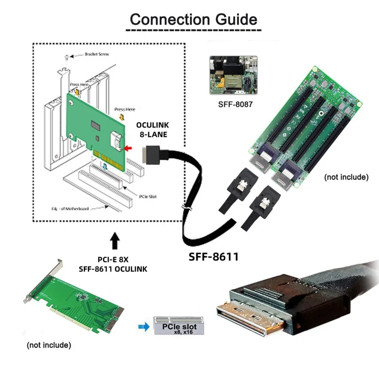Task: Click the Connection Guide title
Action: (x=193, y=19)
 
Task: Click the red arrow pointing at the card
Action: (x=128, y=149)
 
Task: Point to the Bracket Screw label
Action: (x=97, y=54)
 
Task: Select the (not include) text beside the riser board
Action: (x=346, y=177)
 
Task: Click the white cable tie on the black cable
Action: (x=186, y=207)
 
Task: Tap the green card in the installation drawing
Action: (x=95, y=128)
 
